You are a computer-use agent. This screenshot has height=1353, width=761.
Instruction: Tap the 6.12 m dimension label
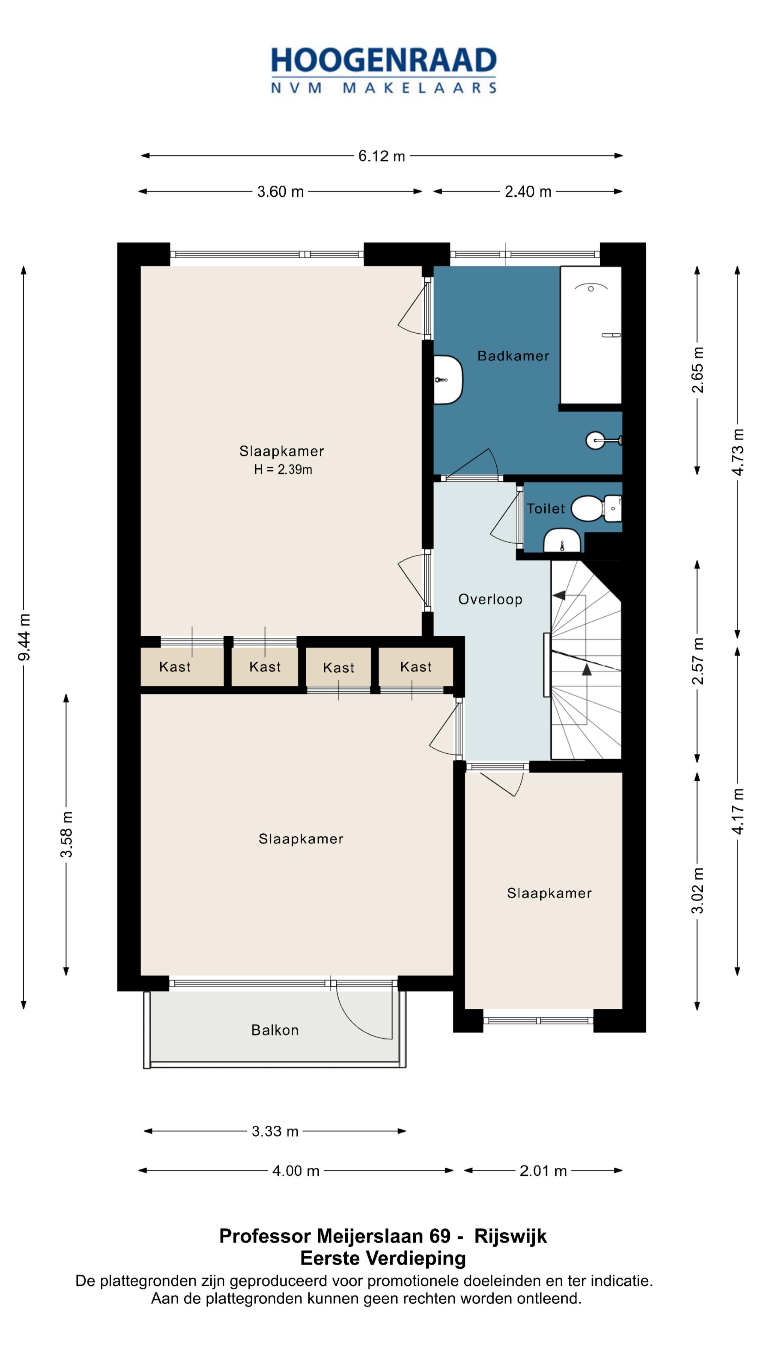point(382,156)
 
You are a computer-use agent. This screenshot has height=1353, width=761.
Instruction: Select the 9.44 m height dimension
point(24,637)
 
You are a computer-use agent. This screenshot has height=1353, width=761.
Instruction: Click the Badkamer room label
point(513,356)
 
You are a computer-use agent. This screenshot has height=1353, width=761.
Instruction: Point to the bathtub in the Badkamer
point(591,335)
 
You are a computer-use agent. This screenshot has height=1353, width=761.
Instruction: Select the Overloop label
point(490,599)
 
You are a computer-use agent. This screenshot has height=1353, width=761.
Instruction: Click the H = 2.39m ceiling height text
point(283,470)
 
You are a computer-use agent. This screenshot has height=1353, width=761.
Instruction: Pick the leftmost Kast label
point(175,667)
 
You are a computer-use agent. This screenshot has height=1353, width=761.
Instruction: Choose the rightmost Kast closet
point(415,667)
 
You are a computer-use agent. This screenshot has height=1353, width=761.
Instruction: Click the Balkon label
point(275,1030)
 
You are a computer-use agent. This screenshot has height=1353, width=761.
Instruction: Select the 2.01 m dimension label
point(543,1171)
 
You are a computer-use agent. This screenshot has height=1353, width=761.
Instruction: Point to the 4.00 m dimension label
point(296,1171)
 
